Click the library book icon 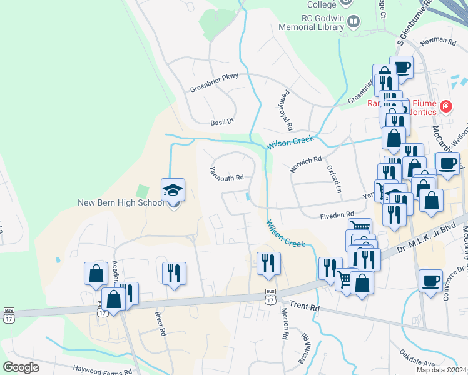point(353,23)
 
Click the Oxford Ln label point(335,179)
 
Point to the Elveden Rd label point(337,215)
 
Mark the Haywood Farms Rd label point(102,370)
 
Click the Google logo point(21,367)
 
